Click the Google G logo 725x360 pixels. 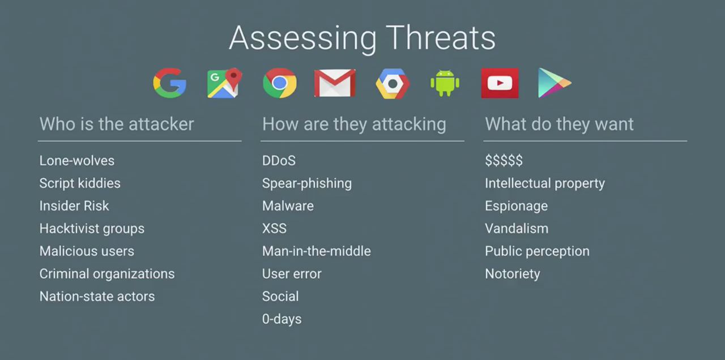coord(169,83)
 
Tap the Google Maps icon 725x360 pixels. coord(225,83)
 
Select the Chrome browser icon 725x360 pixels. coord(280,83)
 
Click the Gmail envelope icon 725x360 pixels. coord(335,83)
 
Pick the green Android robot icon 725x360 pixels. coord(445,83)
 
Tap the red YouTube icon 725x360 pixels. coord(500,83)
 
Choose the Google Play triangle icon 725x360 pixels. coord(555,83)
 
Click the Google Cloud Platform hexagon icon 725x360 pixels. coord(393,83)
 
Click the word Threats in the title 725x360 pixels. coord(441,38)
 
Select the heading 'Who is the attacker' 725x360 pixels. coord(117,124)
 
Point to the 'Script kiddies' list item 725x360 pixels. coord(80,183)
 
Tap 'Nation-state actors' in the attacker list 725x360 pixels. coord(97,296)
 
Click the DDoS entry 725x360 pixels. coord(279,160)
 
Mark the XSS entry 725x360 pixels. coord(274,228)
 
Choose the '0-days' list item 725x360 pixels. coord(282,319)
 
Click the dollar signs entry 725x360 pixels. coord(504,160)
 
